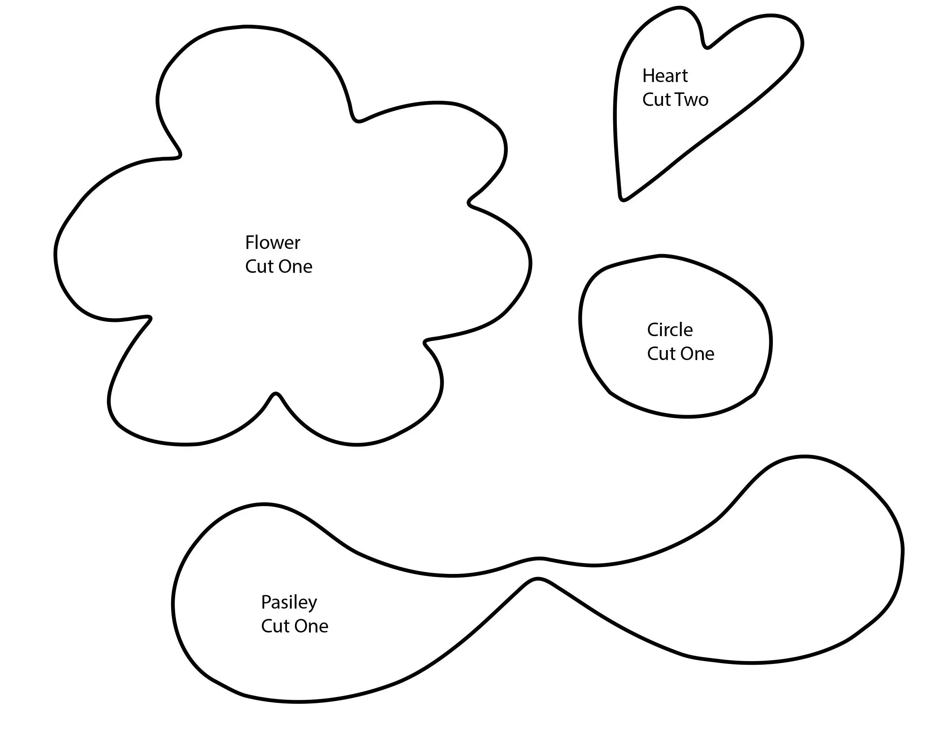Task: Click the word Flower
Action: (272, 243)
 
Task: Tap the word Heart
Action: (665, 76)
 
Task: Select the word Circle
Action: (669, 330)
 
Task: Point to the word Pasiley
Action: (289, 603)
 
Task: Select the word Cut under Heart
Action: (655, 100)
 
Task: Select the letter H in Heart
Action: (648, 76)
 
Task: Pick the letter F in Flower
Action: (250, 243)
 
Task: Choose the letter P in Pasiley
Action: (265, 602)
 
